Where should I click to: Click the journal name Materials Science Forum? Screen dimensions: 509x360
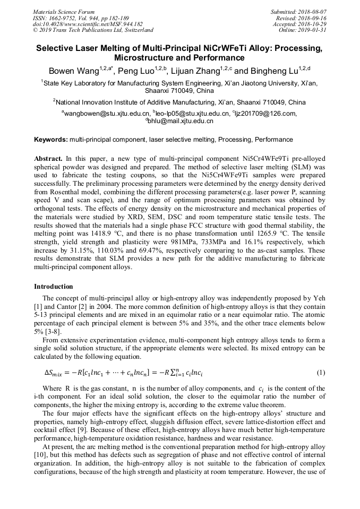tap(64, 11)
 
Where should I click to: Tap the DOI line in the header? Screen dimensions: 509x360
tap(88, 24)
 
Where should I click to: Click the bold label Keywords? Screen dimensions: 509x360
tap(51, 140)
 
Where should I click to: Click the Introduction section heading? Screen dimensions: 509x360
tap(53, 287)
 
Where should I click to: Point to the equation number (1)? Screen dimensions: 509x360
tap(321, 373)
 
